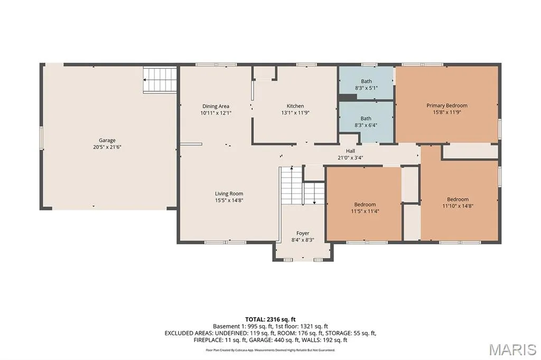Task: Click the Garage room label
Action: (x=107, y=140)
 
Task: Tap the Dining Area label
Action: (x=216, y=106)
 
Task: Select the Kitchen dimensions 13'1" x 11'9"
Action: (x=295, y=112)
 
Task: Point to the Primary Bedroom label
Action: (x=447, y=106)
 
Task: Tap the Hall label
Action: (x=351, y=151)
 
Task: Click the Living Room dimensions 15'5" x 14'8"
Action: (x=229, y=200)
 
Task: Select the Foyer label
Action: (x=303, y=233)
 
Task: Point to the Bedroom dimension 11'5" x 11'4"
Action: (x=365, y=211)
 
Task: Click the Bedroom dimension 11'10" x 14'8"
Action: (x=458, y=206)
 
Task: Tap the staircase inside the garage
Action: (x=160, y=80)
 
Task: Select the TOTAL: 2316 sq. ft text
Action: (x=270, y=319)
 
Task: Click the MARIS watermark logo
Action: (x=512, y=349)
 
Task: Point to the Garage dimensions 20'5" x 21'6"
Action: (x=107, y=147)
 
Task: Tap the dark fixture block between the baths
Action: (x=348, y=98)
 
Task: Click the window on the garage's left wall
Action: (x=41, y=138)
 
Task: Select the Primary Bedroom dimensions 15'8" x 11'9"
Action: (x=447, y=112)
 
